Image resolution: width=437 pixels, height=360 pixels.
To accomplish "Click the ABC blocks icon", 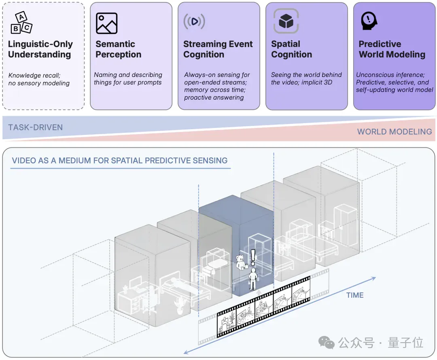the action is click(21, 23).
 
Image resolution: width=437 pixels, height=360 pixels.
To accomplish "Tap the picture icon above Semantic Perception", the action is click(106, 23).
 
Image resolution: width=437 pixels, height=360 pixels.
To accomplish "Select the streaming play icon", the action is click(194, 21).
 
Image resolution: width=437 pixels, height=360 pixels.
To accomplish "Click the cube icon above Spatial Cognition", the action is click(286, 21).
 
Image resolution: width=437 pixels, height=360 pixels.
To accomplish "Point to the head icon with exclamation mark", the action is click(369, 21).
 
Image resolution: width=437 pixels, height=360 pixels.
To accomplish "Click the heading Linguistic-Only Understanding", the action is click(40, 49).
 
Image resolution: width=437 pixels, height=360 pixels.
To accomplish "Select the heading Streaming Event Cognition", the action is click(218, 49).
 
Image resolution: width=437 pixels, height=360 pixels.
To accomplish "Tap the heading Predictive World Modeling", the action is click(392, 49).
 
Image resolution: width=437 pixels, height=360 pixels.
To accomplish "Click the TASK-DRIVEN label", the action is click(35, 128).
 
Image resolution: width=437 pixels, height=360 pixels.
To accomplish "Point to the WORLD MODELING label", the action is click(395, 132).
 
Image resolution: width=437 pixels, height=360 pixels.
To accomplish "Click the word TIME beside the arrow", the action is click(355, 295).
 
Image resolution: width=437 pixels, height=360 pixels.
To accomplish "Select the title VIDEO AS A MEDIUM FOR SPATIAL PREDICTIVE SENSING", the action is click(119, 161).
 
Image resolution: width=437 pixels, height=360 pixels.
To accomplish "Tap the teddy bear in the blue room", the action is click(240, 262).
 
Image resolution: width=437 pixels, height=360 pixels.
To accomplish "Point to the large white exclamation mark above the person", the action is click(253, 257).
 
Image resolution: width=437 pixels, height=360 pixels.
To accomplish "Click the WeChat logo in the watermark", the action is click(327, 342).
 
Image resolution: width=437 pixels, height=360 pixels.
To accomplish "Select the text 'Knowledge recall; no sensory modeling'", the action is click(39, 79).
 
